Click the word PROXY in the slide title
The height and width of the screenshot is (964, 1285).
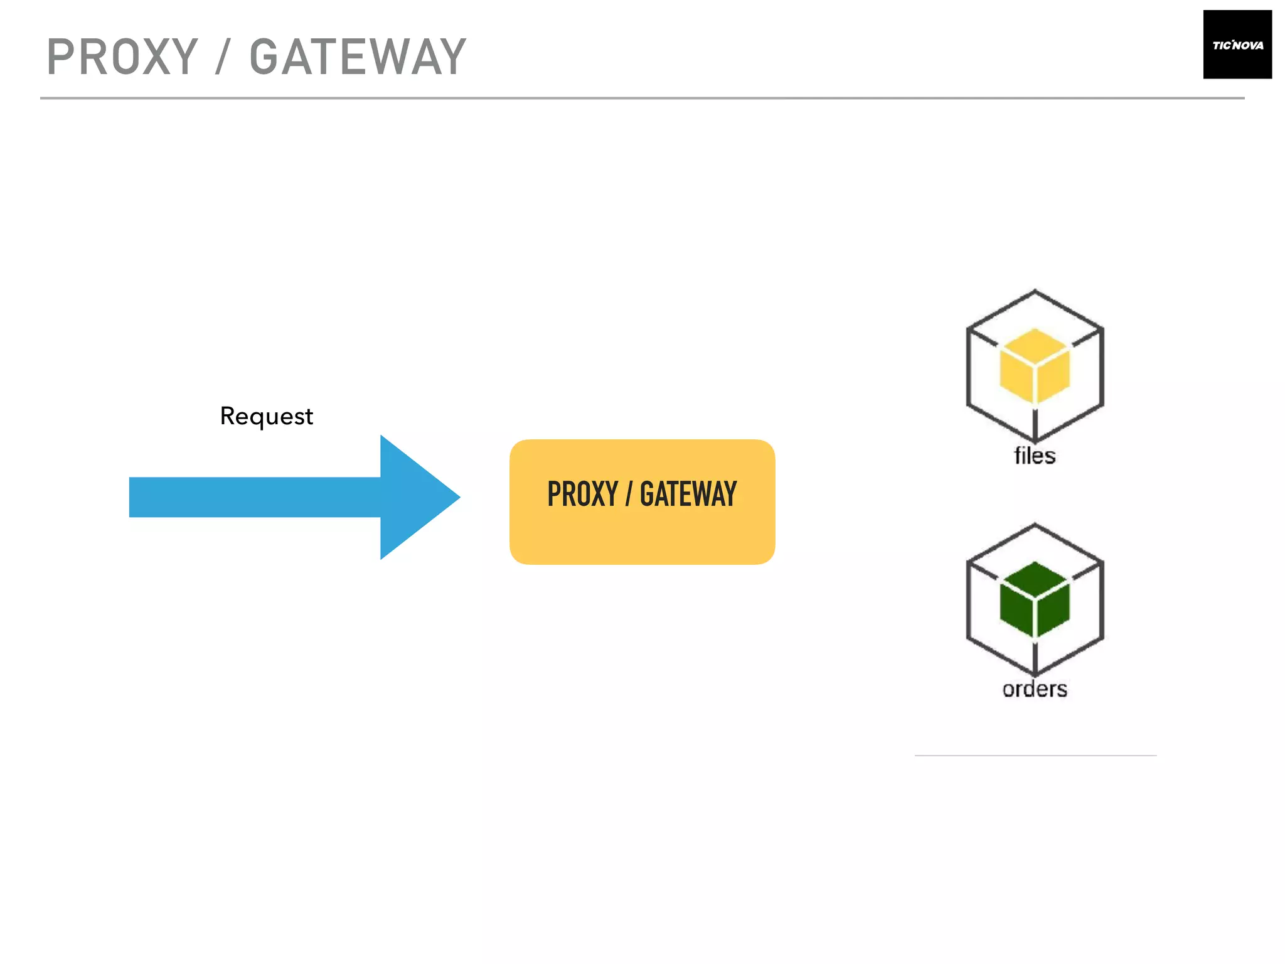pos(122,57)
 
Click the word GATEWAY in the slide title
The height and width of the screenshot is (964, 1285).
pos(358,57)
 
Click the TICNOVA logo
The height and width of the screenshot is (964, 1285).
pos(1237,45)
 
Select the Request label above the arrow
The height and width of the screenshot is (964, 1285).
pos(266,416)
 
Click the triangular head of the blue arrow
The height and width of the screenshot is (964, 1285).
pos(414,497)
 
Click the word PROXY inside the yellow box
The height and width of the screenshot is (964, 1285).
pos(582,494)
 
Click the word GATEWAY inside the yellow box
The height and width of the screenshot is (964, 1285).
pos(688,494)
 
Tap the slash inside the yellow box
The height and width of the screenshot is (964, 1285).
pos(629,494)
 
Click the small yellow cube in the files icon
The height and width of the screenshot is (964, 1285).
pos(1034,365)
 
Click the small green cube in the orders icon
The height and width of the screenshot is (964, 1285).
pos(1034,599)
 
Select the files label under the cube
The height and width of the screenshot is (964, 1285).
pos(1035,456)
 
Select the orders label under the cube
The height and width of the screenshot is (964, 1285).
pos(1035,689)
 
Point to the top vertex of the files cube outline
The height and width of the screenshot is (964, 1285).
pos(1035,291)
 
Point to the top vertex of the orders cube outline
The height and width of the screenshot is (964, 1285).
pos(1035,525)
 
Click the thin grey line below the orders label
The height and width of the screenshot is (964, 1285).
pos(1035,756)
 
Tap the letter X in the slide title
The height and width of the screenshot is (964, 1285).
pos(153,57)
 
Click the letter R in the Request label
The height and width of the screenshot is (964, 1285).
pos(227,415)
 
